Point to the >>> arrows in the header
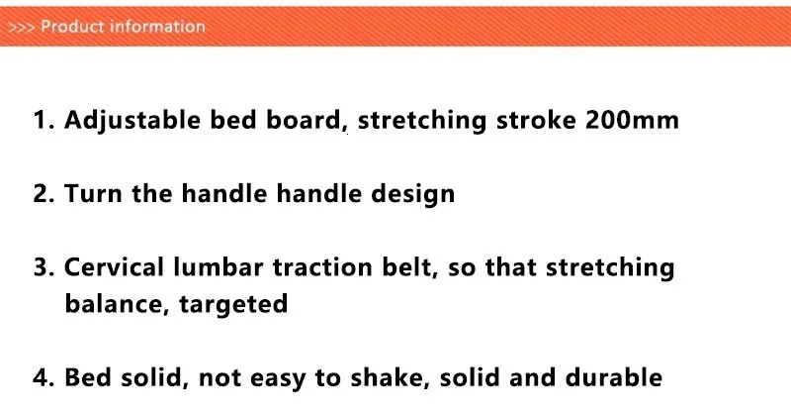[21, 28]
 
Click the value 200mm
[632, 120]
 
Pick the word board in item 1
[304, 121]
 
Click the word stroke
[536, 120]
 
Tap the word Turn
[93, 193]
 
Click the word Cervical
[114, 266]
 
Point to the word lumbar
[218, 266]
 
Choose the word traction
[322, 267]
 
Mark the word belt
[409, 267]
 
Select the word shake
[390, 377]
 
